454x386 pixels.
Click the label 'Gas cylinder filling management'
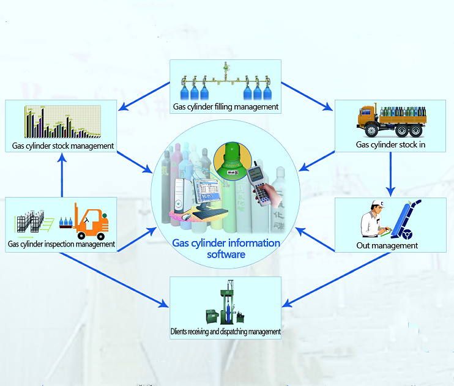(226, 107)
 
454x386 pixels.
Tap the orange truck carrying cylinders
(392, 120)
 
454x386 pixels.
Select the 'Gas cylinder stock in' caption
(390, 144)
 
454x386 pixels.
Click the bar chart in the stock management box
(62, 122)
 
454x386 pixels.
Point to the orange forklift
(91, 221)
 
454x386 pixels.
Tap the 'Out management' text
(387, 245)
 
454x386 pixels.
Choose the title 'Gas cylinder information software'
(226, 248)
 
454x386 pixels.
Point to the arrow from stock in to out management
(390, 174)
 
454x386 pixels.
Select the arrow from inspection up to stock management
(62, 175)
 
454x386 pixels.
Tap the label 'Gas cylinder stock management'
(63, 146)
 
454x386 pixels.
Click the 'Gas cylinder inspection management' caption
(61, 244)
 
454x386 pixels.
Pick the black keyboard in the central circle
(210, 214)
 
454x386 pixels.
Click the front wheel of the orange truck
(371, 130)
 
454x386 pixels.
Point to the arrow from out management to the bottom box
(336, 280)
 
